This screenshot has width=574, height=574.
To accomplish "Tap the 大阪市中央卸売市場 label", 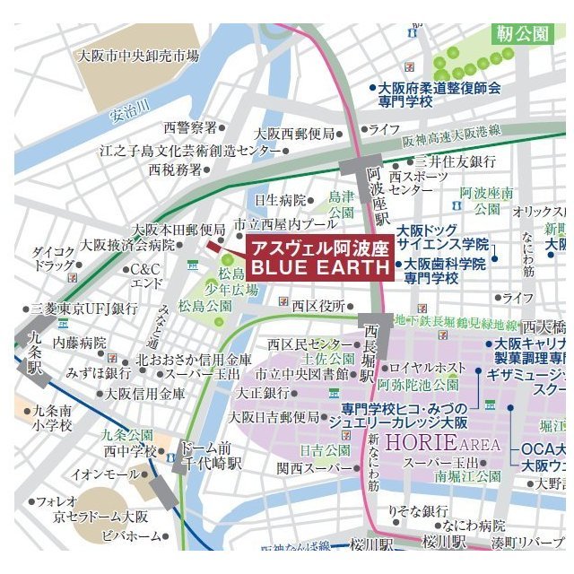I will (138, 56).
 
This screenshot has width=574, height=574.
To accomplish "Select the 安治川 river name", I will (131, 115).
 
